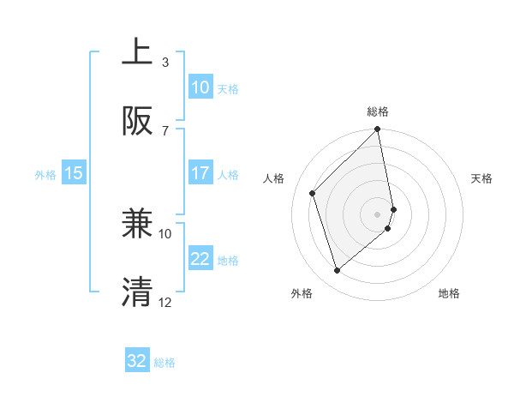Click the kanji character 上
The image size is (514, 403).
pos(138,52)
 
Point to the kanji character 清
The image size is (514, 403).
pos(138,292)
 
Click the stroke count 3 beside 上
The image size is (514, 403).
pos(165,62)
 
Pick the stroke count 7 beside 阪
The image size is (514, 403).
pos(165,130)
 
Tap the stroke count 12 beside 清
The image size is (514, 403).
pos(165,302)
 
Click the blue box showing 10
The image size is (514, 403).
pos(200,87)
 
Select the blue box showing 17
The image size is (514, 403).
pos(200,173)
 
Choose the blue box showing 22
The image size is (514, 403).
pos(200,259)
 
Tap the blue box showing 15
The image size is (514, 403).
pos(74,173)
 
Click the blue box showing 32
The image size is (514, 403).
pos(136,361)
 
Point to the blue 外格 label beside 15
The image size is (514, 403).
pos(45,174)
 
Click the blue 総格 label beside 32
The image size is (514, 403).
pos(164,363)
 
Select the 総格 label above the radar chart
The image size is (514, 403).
pos(378,111)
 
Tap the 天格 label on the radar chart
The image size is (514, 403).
pos(481,178)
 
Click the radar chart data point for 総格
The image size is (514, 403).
pos(378,130)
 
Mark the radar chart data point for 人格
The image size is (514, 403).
pos(313,193)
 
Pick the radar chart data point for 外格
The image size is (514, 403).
pos(338,271)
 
